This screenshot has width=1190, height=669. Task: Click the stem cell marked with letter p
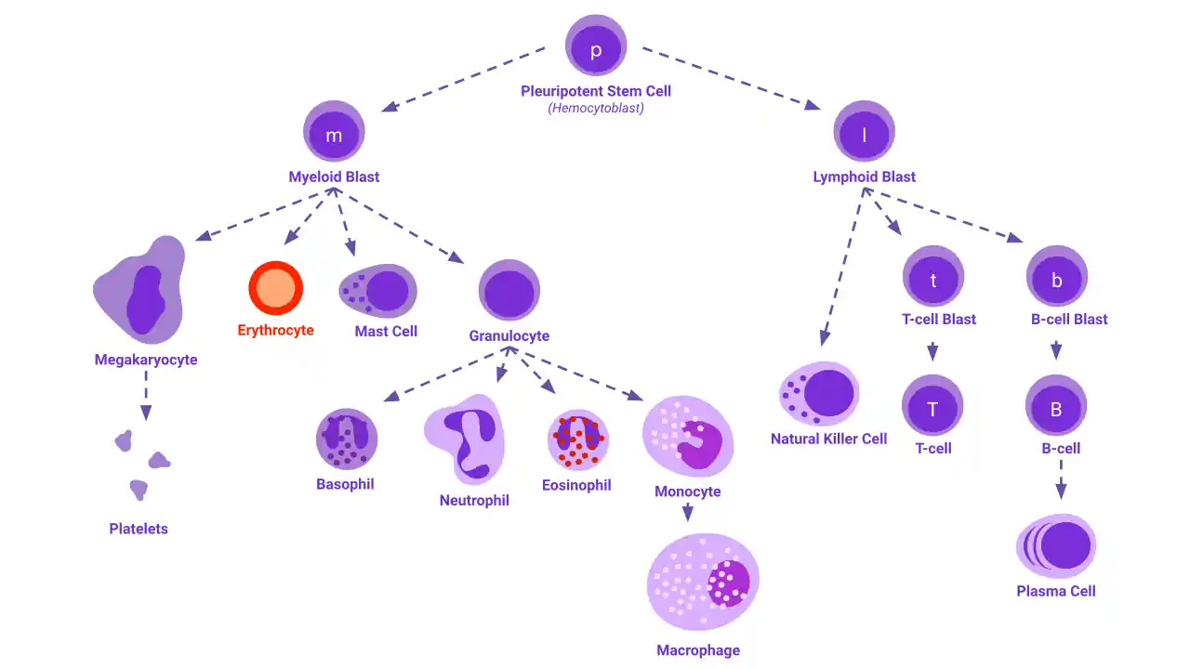point(596,46)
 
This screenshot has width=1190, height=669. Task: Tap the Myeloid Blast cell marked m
point(334,131)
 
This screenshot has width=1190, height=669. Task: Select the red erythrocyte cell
point(276,288)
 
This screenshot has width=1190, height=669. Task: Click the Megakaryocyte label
point(146,360)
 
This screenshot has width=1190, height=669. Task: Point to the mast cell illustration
point(377,291)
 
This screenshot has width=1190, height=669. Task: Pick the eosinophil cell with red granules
point(578,440)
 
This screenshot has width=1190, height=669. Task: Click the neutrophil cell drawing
point(464,439)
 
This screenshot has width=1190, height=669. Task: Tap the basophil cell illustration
point(347,439)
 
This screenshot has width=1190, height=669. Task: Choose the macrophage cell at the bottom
point(703,582)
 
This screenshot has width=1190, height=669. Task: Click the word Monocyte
point(687,492)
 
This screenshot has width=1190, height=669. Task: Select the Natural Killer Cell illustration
point(819,393)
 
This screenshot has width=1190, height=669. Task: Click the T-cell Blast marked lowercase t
point(932,276)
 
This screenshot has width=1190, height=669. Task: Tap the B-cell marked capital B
point(1055,406)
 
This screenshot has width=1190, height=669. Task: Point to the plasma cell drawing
point(1056,545)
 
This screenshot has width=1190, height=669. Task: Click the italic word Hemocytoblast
point(596,108)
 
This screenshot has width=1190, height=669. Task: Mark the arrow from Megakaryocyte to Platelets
point(146,396)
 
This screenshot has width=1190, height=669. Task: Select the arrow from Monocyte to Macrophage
point(687,512)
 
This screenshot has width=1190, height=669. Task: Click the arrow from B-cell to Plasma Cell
point(1061,480)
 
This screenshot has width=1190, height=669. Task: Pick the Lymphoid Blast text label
point(864,177)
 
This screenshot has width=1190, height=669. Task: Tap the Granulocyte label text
point(509,335)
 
